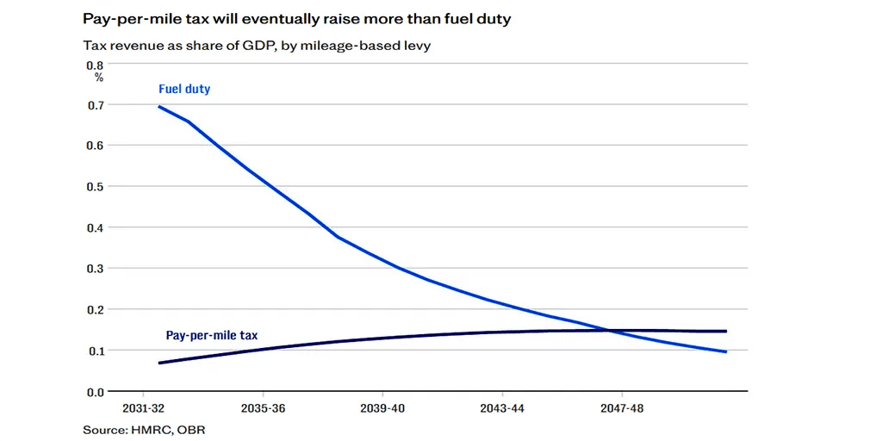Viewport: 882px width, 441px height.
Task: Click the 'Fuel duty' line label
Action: pyautogui.click(x=184, y=89)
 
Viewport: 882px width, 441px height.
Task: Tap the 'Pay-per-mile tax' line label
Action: pyautogui.click(x=211, y=335)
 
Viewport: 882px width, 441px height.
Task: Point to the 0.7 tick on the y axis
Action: pyautogui.click(x=94, y=105)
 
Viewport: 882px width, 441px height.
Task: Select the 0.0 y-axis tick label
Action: pyautogui.click(x=94, y=392)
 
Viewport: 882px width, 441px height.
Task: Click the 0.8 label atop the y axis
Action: pyautogui.click(x=94, y=65)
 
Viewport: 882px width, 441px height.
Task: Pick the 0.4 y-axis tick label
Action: pyautogui.click(x=94, y=228)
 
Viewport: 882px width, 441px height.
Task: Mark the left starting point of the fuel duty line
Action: pyautogui.click(x=159, y=107)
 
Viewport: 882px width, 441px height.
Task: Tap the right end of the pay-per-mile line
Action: pyautogui.click(x=726, y=331)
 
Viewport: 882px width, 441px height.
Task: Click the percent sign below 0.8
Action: pyautogui.click(x=98, y=78)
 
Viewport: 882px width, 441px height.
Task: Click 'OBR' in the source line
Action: pyautogui.click(x=191, y=429)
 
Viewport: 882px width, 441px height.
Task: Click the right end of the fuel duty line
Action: pyautogui.click(x=726, y=351)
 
